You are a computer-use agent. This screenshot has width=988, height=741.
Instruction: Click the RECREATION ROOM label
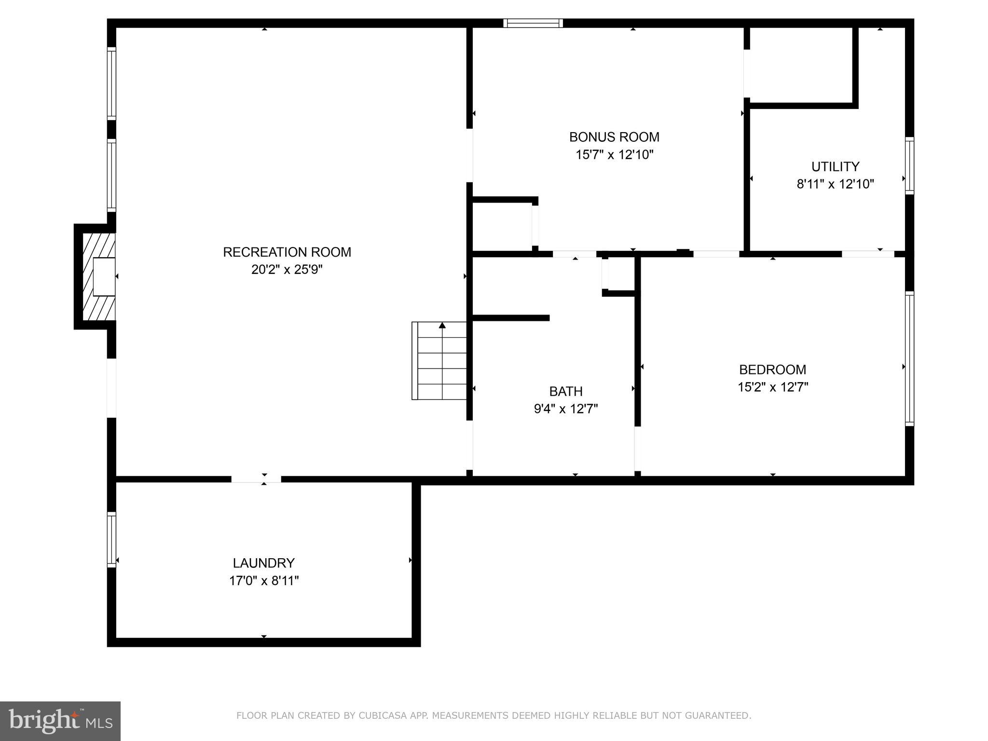click(287, 252)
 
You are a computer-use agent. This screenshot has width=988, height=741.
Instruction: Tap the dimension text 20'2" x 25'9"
click(287, 270)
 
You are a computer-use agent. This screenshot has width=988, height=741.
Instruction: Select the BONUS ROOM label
click(614, 137)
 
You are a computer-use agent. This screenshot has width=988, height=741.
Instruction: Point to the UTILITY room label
click(835, 166)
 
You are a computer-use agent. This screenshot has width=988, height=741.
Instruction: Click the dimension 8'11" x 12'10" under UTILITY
click(835, 184)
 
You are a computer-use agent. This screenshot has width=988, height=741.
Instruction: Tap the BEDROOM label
click(772, 370)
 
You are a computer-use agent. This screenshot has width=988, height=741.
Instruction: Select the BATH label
click(566, 391)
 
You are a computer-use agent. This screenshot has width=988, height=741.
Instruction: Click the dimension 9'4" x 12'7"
click(566, 409)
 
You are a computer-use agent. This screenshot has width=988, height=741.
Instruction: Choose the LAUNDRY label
click(263, 563)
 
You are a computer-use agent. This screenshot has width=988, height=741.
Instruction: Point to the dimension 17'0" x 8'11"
click(263, 581)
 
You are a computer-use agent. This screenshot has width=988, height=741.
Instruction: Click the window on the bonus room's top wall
click(533, 23)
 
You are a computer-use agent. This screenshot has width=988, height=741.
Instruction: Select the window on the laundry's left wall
click(111, 539)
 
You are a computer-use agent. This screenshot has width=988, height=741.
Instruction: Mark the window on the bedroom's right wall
click(909, 358)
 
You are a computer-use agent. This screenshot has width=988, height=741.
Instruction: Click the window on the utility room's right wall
click(909, 165)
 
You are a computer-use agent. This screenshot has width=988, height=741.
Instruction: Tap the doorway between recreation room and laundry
click(256, 479)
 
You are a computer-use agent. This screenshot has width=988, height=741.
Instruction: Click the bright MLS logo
click(60, 721)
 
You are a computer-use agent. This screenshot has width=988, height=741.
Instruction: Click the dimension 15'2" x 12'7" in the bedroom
click(772, 387)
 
